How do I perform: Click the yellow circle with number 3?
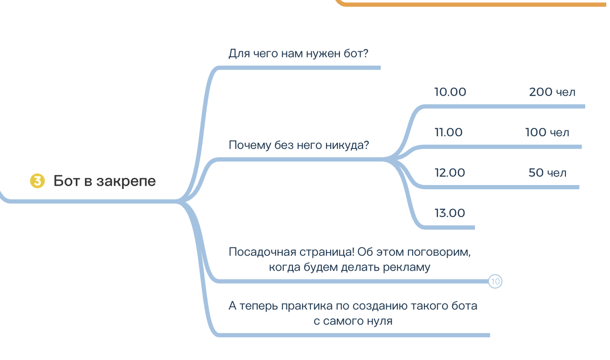point(37,181)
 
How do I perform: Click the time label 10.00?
point(450,92)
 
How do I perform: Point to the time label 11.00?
point(449,133)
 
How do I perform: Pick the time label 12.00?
point(450,173)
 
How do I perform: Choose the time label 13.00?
point(450,214)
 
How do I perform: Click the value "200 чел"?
point(552,92)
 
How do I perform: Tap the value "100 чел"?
point(547,133)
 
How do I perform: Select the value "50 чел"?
point(547,173)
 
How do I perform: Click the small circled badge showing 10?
point(495,282)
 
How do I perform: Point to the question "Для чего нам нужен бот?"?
point(299,54)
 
